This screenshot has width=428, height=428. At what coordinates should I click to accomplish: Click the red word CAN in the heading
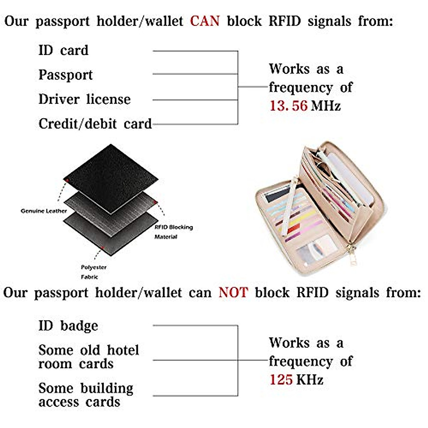tap(204, 21)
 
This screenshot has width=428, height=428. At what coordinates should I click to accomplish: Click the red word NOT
tap(233, 292)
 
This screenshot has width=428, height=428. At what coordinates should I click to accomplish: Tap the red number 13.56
tap(288, 106)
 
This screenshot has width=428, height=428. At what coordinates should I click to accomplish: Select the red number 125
tap(281, 380)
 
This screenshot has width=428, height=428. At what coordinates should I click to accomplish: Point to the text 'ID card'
tap(63, 50)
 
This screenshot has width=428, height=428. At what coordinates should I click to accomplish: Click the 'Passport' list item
tap(65, 75)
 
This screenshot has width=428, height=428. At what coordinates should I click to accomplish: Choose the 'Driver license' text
tap(85, 99)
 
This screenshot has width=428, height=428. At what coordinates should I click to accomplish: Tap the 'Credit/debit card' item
tap(95, 124)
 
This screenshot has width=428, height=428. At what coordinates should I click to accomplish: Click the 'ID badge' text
tap(68, 326)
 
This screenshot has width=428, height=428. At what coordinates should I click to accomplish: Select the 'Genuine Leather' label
tap(44, 211)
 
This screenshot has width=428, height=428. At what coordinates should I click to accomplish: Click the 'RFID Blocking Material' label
tap(173, 232)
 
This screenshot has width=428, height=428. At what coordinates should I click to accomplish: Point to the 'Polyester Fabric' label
tap(93, 272)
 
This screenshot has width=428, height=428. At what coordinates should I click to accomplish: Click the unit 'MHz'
tap(326, 106)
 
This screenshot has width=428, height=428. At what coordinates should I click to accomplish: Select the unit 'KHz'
tap(309, 380)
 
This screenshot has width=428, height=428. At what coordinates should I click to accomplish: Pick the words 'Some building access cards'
tap(86, 395)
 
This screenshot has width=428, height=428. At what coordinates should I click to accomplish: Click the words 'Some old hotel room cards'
tap(88, 357)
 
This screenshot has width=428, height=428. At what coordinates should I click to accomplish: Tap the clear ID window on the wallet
tap(316, 251)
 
